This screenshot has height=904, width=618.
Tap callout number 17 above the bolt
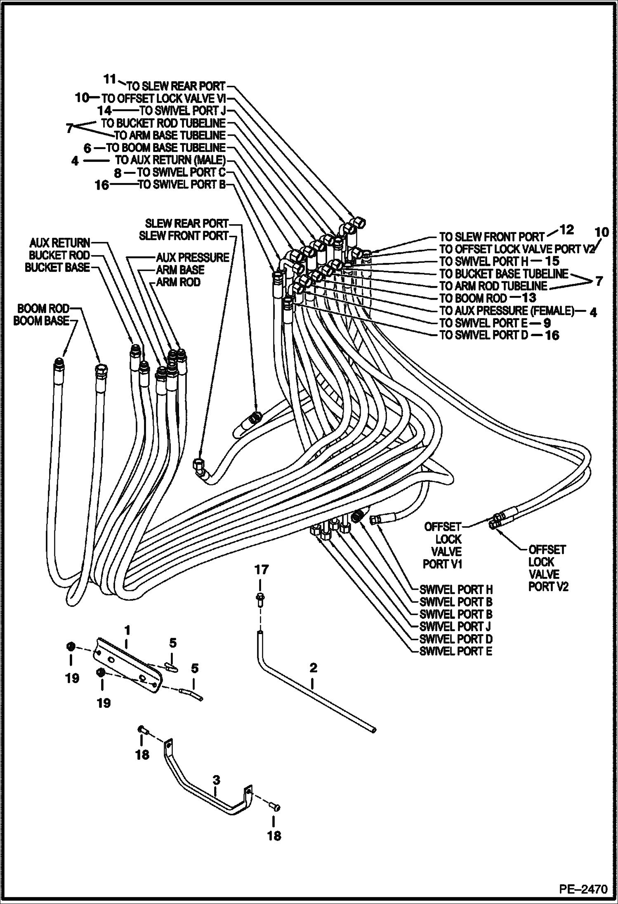click(x=261, y=570)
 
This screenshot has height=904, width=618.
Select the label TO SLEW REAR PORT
click(x=176, y=86)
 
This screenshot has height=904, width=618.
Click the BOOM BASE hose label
click(x=41, y=321)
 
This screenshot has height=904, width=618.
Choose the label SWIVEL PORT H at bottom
click(x=455, y=590)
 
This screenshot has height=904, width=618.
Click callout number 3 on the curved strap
click(x=216, y=780)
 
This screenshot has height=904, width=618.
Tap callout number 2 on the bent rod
click(x=313, y=668)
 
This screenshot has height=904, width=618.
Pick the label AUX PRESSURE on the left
click(x=192, y=258)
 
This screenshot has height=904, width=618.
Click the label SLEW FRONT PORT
click(x=183, y=236)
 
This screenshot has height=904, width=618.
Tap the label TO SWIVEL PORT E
click(x=483, y=323)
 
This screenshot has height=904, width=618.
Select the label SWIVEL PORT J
click(x=455, y=627)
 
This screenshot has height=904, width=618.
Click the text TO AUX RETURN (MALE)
click(x=170, y=160)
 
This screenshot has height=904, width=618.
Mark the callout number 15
click(x=552, y=260)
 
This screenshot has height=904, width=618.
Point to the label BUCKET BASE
click(x=57, y=267)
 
